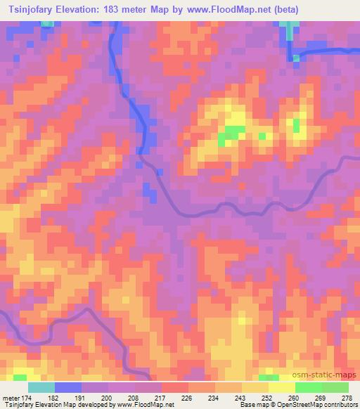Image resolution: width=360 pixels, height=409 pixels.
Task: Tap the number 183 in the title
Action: (117, 10)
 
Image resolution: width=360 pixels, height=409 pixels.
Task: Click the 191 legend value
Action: (82, 398)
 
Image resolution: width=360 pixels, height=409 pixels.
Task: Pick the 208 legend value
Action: (135, 398)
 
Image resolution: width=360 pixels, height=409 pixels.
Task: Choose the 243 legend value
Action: (242, 398)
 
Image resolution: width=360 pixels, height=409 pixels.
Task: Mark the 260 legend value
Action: (295, 398)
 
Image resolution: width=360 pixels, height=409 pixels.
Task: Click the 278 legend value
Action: (347, 398)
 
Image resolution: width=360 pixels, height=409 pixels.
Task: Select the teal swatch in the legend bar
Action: (41, 387)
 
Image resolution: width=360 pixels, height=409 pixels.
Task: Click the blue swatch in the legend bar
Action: (68, 387)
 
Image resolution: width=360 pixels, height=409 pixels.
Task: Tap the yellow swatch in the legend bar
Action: (281, 387)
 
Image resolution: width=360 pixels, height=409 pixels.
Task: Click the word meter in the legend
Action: (9, 398)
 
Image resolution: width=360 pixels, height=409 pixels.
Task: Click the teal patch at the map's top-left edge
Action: (47, 23)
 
